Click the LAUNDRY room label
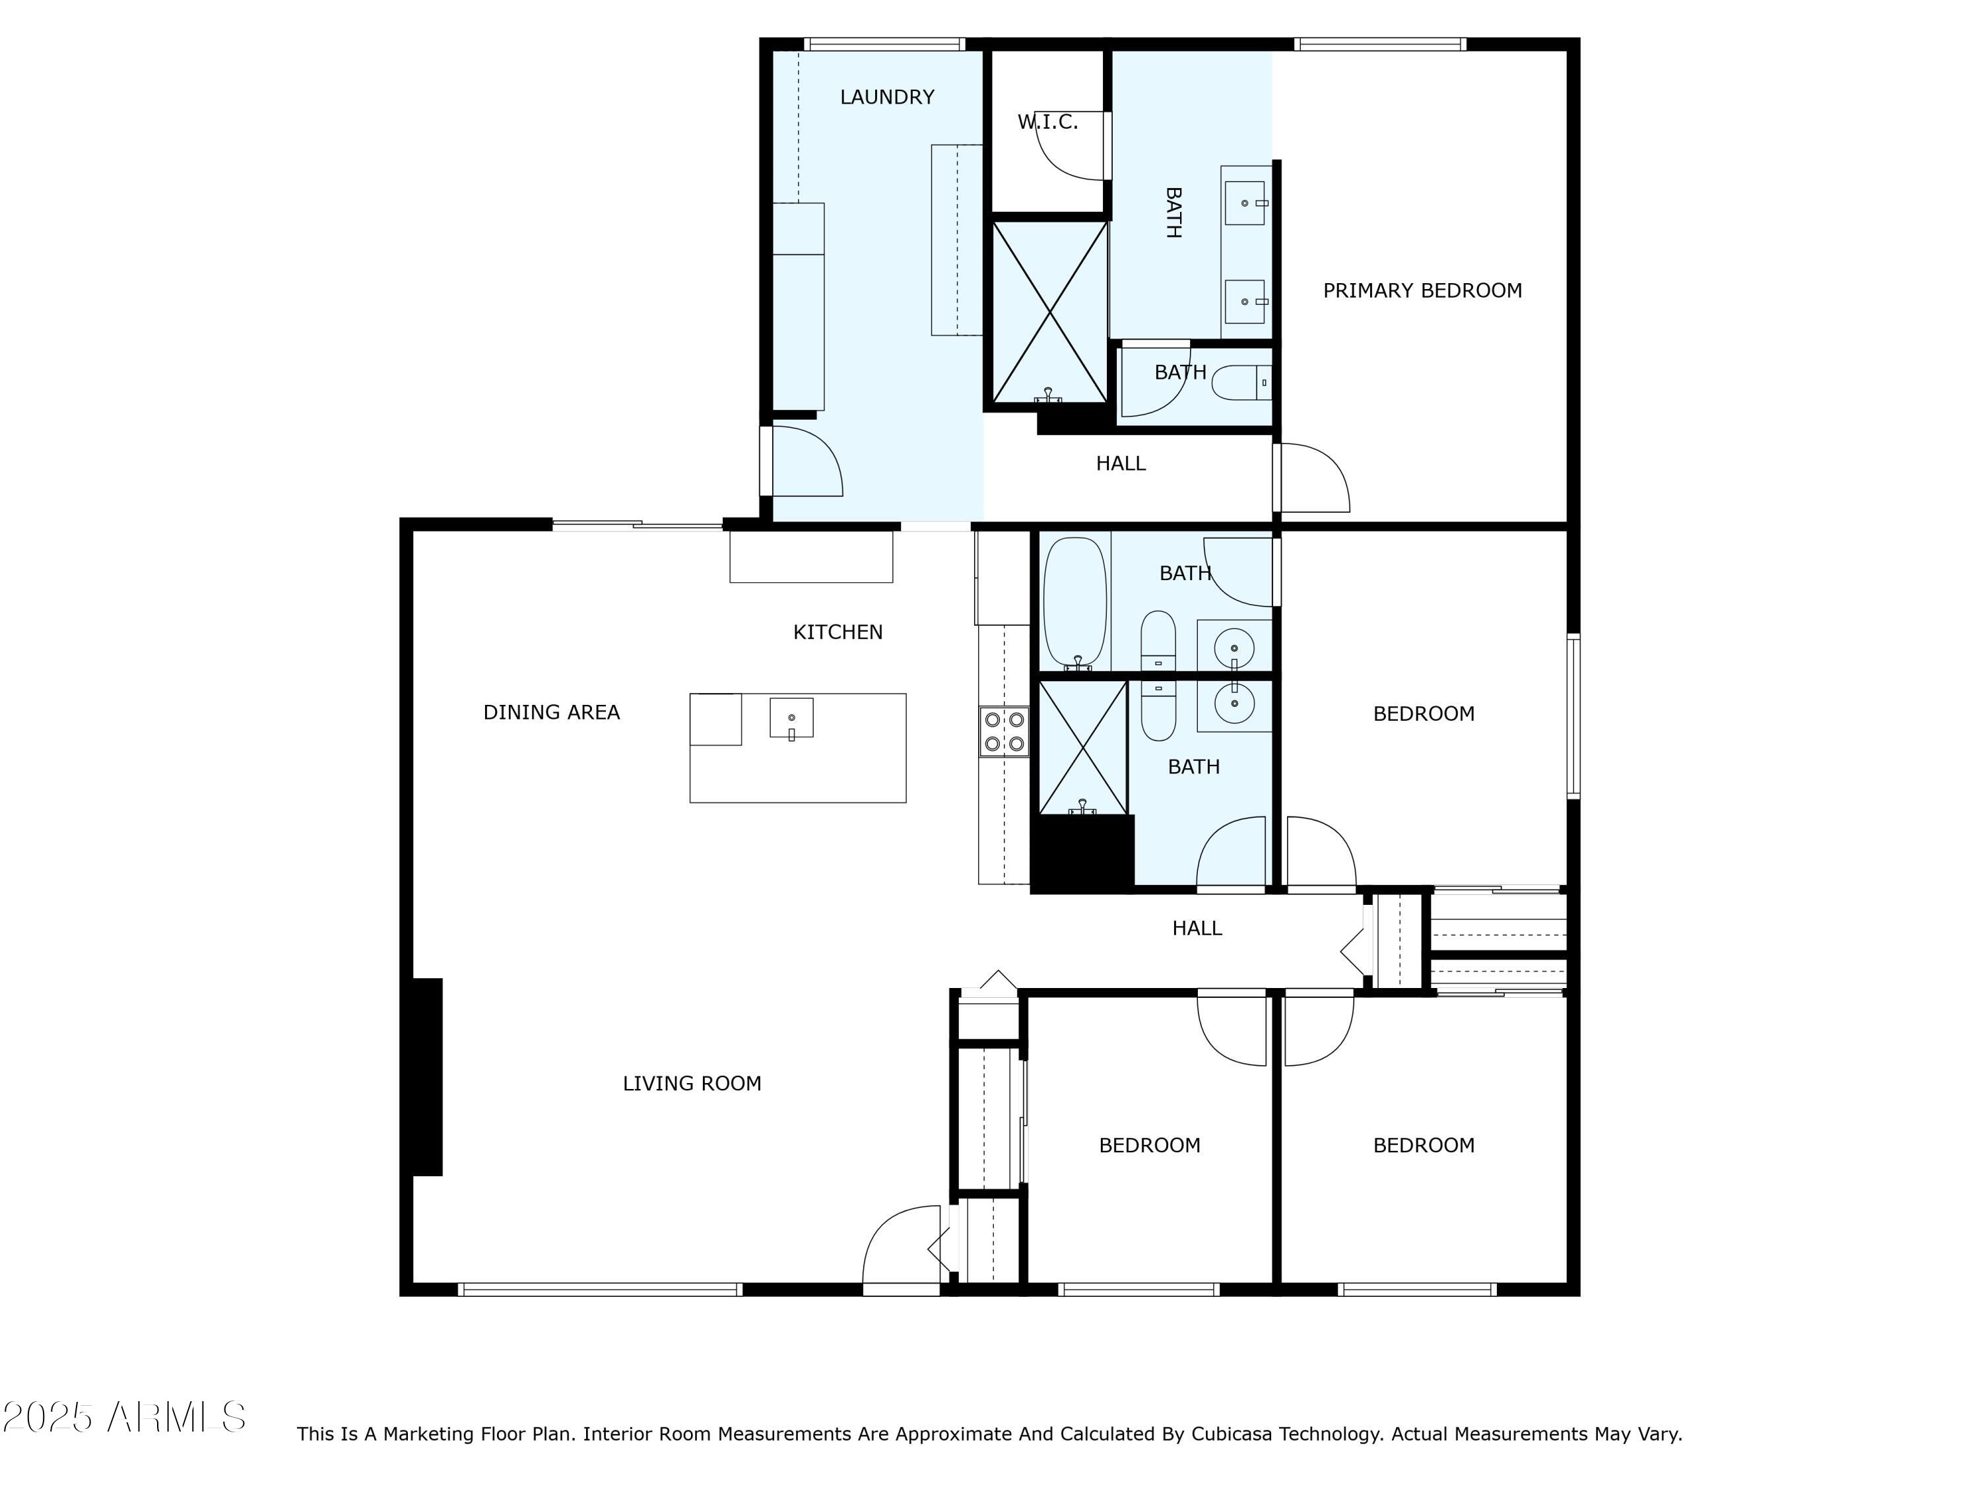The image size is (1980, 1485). pos(886,96)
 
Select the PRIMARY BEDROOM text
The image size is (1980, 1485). pos(1422,290)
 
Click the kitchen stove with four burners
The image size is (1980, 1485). pos(1003,731)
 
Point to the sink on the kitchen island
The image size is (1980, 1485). pos(791,718)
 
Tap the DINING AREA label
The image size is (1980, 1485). pos(550,711)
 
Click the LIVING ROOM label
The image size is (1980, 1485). pos(691,1083)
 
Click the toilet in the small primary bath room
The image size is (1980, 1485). pos(1239,383)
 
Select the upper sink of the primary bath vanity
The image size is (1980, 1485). pos(1244,203)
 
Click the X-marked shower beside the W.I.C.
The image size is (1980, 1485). pos(1049,312)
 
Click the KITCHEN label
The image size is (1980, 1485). pos(837,632)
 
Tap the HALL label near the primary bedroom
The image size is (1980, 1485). pos(1120,463)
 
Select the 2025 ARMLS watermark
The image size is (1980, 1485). pos(125,1418)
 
